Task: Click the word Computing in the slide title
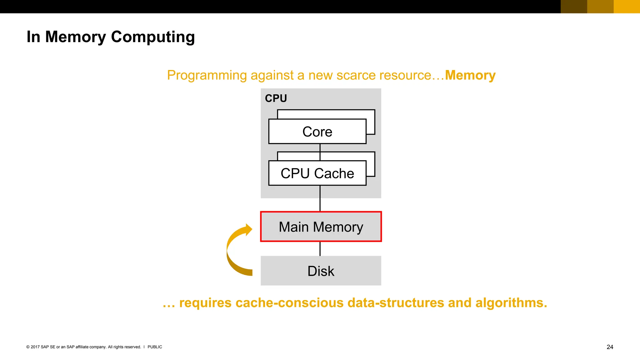[153, 37]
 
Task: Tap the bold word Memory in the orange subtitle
[470, 75]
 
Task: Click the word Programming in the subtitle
[207, 75]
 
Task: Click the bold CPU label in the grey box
[276, 98]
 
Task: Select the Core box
[317, 132]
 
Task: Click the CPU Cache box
[317, 173]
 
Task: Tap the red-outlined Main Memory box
[321, 227]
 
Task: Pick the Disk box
[321, 271]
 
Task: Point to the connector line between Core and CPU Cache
[320, 152]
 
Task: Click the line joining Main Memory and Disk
[320, 249]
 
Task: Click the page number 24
[610, 347]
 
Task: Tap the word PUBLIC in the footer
[155, 347]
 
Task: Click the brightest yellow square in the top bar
[627, 7]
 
